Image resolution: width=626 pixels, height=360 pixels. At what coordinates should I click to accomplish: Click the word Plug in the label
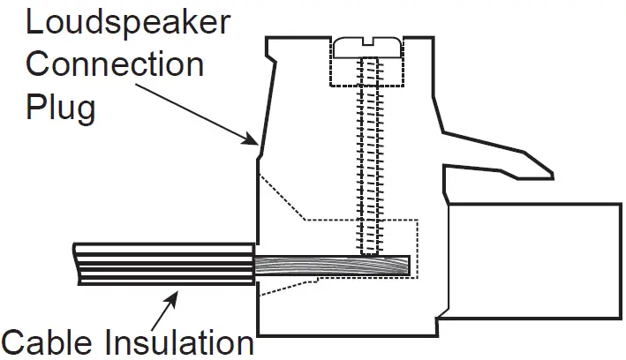click(x=60, y=108)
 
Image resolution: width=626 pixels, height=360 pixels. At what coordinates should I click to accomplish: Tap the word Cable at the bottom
click(x=51, y=341)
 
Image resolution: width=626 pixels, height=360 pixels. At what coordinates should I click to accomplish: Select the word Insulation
click(x=180, y=341)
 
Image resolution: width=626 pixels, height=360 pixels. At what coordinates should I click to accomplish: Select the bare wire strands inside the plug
click(x=336, y=266)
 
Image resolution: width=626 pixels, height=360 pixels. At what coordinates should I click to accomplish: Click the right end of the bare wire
click(x=409, y=266)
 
